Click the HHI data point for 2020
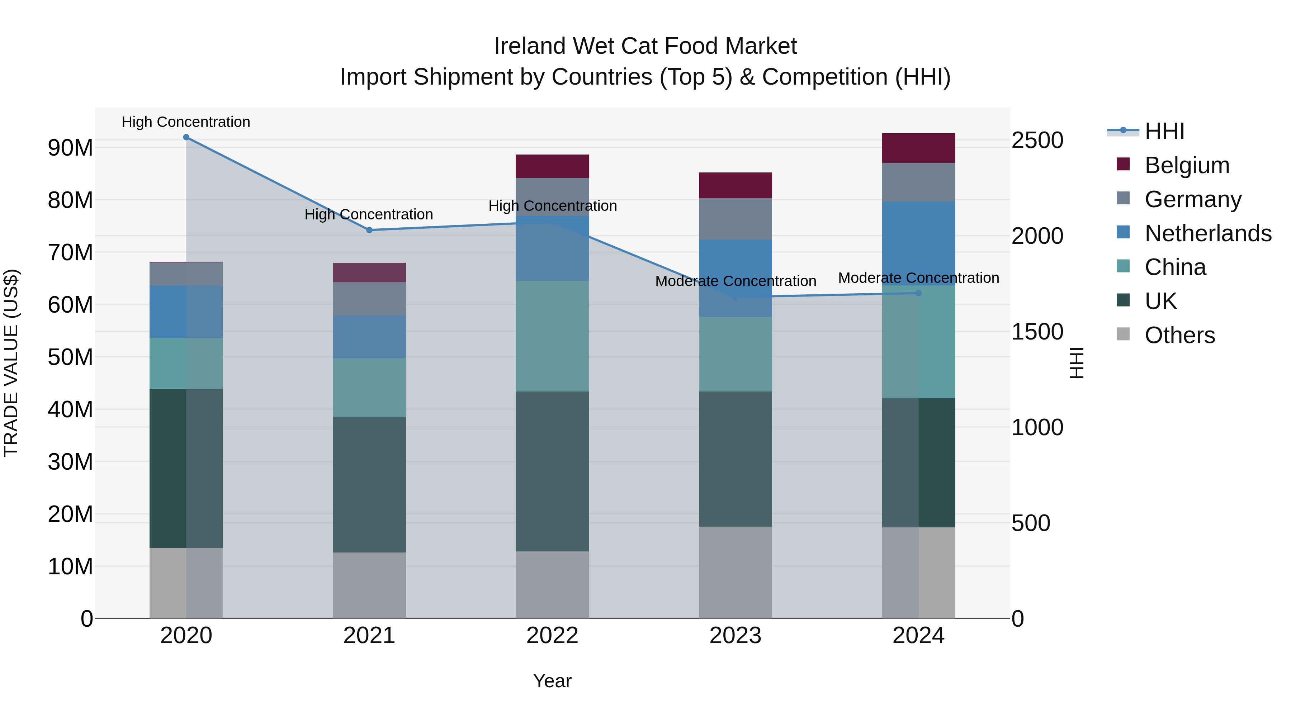point(186,137)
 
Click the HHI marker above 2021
point(369,230)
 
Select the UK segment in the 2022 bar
point(552,471)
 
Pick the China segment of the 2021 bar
point(369,387)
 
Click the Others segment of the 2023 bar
point(735,572)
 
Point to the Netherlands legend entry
point(1208,233)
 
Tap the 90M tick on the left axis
point(70,148)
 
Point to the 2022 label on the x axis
point(552,636)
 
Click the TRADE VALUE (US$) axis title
point(11,363)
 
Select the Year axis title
point(552,681)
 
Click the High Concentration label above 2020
point(186,122)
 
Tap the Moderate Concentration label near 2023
point(735,281)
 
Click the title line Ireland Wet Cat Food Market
point(645,46)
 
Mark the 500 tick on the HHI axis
point(1030,523)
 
